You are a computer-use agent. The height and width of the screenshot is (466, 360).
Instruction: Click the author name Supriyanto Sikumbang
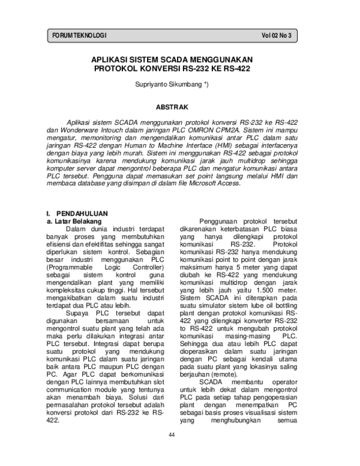[171, 85]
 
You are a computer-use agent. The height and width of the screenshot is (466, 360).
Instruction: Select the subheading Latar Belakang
[73, 221]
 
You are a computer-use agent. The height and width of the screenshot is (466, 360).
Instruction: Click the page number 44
[172, 434]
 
